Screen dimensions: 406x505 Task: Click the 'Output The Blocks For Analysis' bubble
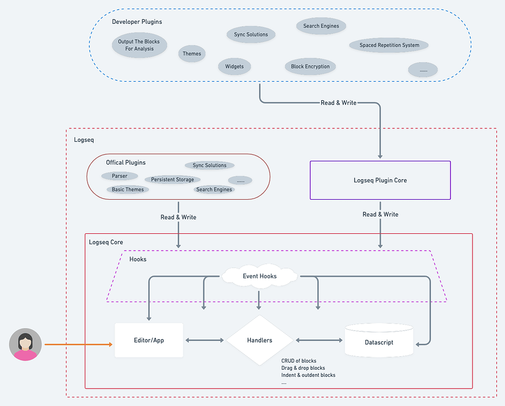point(139,45)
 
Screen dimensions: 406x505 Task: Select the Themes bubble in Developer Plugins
point(192,54)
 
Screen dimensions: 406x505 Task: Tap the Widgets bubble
point(234,67)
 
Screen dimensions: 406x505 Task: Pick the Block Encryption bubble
point(310,67)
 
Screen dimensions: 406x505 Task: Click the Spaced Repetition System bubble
point(389,45)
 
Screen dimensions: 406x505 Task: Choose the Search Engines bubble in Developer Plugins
point(321,25)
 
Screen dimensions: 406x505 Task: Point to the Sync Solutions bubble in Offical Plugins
point(209,165)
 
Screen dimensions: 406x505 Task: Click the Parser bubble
point(119,176)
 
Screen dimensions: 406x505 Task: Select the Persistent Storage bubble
point(172,179)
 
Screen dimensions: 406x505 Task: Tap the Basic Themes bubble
point(128,189)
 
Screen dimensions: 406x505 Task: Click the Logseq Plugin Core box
point(380,180)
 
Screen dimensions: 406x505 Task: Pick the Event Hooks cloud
point(260,276)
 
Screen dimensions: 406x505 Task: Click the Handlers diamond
point(260,340)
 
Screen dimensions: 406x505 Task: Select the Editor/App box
point(149,340)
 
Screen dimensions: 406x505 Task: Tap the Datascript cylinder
point(379,342)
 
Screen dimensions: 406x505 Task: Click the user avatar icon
point(25,344)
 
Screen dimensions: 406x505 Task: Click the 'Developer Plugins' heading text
point(137,22)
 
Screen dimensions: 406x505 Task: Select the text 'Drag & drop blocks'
point(303,368)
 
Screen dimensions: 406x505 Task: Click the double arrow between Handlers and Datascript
point(319,340)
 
